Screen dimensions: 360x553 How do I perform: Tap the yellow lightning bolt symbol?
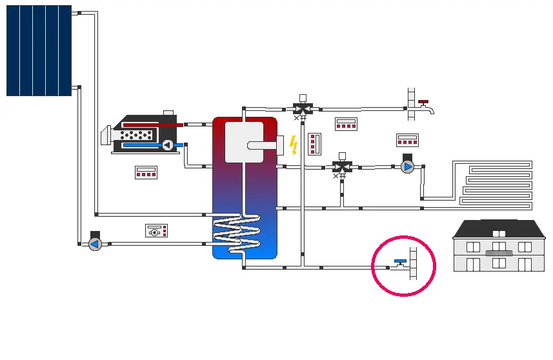click(294, 145)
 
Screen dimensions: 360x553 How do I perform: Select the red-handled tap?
click(423, 102)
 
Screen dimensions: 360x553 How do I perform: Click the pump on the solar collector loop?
click(95, 243)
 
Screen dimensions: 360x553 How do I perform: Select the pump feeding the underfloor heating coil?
click(408, 166)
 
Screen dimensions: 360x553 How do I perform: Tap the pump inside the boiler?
click(167, 145)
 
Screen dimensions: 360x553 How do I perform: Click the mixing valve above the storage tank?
click(302, 107)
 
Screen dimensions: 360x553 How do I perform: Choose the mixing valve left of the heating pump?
click(341, 166)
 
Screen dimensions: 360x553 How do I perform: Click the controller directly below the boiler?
click(146, 172)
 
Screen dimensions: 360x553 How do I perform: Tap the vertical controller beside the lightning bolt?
click(314, 143)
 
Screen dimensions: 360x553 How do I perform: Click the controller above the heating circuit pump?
click(407, 139)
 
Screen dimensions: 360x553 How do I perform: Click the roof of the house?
click(499, 228)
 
